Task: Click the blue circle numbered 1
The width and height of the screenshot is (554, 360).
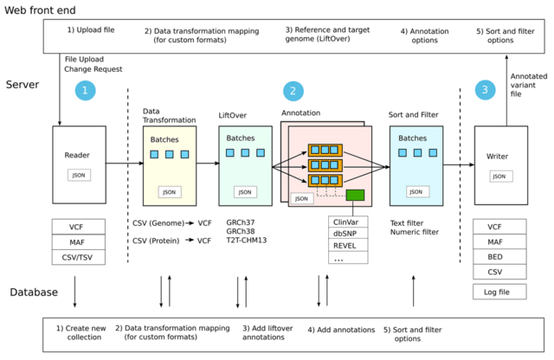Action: pyautogui.click(x=85, y=90)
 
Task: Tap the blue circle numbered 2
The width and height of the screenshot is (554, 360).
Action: pyautogui.click(x=294, y=90)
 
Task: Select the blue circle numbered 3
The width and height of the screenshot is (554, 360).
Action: pyautogui.click(x=486, y=89)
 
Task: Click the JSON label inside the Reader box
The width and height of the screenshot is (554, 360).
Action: pyautogui.click(x=78, y=175)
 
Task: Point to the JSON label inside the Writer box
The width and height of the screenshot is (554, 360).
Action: pyautogui.click(x=499, y=177)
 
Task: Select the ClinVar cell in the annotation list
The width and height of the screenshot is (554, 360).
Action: pyautogui.click(x=346, y=222)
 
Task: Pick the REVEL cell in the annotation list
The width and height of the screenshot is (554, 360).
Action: pyautogui.click(x=346, y=246)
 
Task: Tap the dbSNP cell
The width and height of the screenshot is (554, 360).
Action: pyautogui.click(x=346, y=234)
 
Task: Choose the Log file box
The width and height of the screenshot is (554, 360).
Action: pyautogui.click(x=499, y=292)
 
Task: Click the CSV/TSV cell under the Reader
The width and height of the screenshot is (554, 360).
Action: pyautogui.click(x=79, y=256)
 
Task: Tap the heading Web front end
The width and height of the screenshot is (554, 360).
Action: pyautogui.click(x=40, y=10)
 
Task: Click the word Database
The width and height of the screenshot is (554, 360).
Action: pyautogui.click(x=34, y=292)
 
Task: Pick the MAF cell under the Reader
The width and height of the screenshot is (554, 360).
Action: pyautogui.click(x=79, y=241)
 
